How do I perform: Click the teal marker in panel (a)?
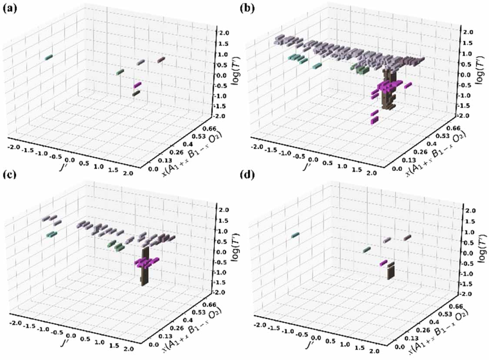pos(49,57)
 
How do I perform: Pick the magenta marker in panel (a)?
pos(138,85)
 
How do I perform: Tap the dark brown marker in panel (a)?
pos(136,93)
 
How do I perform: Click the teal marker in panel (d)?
pos(295,235)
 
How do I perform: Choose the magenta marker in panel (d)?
pos(383,263)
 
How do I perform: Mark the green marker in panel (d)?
pos(367,250)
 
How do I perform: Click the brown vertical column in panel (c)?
pos(145,267)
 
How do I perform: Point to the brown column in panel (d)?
pos(391,271)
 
